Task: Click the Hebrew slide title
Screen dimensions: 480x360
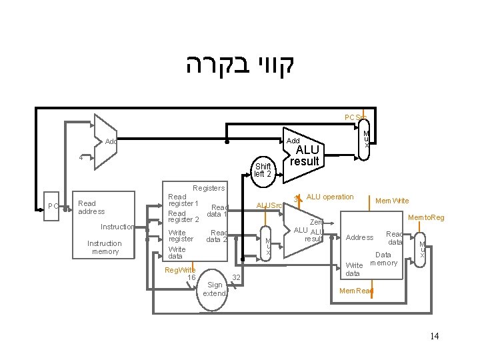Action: coord(239,65)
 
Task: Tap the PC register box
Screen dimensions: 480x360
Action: coord(53,206)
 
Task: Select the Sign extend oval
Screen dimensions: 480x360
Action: coord(214,289)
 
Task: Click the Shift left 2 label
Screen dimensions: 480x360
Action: coord(263,170)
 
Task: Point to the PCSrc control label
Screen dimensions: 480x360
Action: coord(355,118)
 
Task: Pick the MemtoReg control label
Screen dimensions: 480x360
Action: coord(426,217)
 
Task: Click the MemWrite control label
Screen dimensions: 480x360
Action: coord(393,201)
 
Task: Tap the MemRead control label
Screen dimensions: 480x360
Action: coord(357,291)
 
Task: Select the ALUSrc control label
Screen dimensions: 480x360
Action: coord(269,205)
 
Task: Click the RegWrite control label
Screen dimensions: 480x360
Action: coord(180,269)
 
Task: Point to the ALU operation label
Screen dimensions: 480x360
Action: coord(329,197)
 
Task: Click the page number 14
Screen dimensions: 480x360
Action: coord(434,336)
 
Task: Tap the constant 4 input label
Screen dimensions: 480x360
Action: coord(81,158)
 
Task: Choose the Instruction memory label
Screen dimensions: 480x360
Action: coord(105,247)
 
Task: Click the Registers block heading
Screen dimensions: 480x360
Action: coord(209,189)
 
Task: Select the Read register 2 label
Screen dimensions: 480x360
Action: coord(183,216)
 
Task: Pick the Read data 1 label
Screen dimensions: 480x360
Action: coord(218,211)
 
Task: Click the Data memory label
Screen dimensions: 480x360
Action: coord(383,259)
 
